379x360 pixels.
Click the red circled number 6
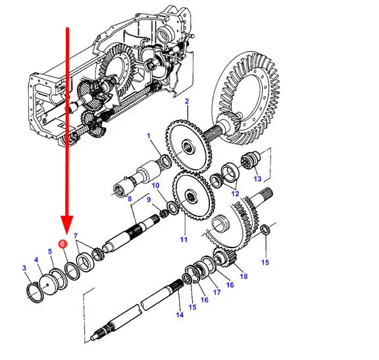tap(63, 244)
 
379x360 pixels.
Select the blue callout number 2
tap(187, 101)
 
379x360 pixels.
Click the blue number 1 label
tap(149, 136)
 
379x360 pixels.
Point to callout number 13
tap(257, 178)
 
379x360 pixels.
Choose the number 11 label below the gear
tap(184, 240)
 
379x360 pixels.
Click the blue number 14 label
tap(180, 315)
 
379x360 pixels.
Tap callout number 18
tap(243, 276)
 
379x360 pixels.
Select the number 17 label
tap(217, 292)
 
